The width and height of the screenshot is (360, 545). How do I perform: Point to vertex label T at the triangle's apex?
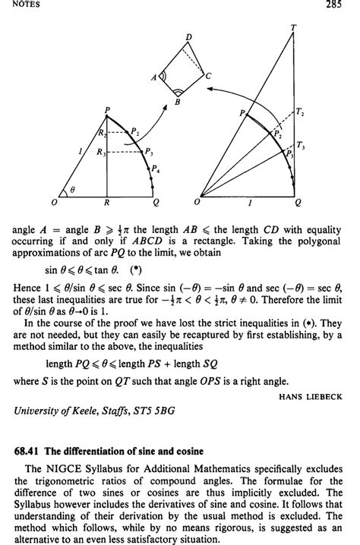tap(293, 28)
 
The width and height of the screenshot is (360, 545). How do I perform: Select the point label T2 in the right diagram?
tap(300, 112)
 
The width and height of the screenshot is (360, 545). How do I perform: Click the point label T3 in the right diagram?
tap(302, 145)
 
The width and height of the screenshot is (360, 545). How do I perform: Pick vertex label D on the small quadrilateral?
tap(188, 36)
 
